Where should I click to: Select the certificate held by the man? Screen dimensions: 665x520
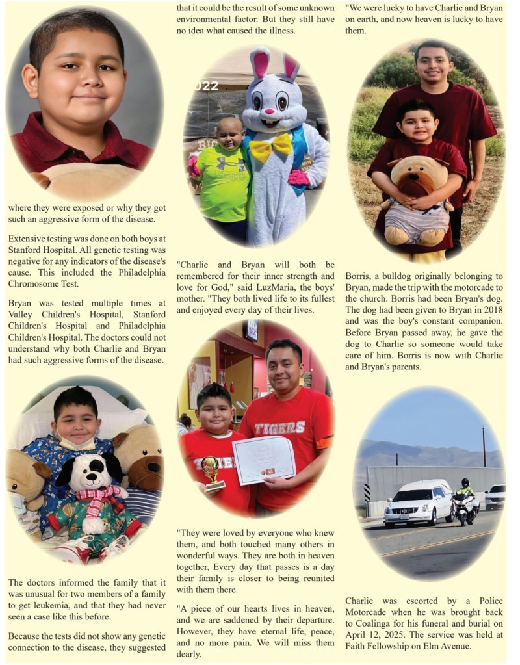263,460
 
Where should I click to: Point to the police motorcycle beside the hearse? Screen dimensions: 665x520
465,503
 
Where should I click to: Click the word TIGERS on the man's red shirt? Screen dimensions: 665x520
279,428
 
